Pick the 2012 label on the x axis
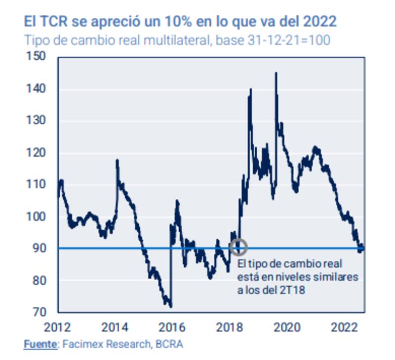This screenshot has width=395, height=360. click(x=58, y=326)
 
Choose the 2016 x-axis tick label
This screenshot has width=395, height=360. click(x=171, y=326)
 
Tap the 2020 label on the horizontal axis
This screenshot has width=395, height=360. click(x=284, y=326)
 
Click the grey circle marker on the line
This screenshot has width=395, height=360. click(x=238, y=247)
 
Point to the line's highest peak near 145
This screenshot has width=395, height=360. click(x=276, y=73)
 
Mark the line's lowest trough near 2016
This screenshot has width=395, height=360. click(x=171, y=306)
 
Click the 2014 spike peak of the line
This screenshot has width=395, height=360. click(x=117, y=160)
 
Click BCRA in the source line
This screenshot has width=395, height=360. click(x=169, y=344)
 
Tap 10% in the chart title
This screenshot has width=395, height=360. click(x=181, y=22)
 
